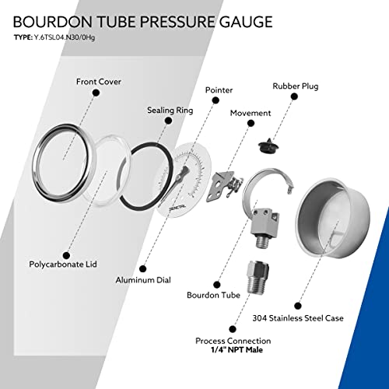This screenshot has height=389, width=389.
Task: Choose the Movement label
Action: coord(251,113)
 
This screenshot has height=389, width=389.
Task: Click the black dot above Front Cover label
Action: coord(96,93)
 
